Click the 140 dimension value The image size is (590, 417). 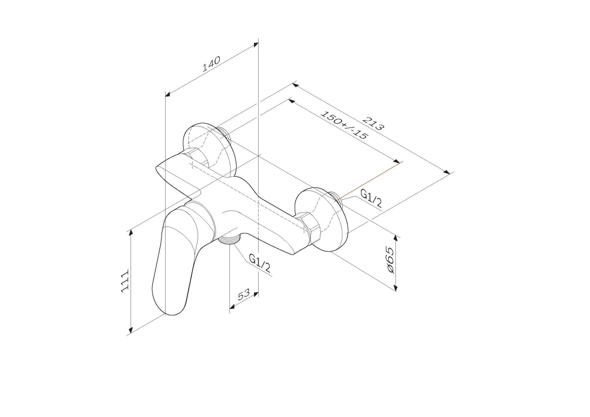click(211, 65)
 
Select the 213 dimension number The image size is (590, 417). click(373, 123)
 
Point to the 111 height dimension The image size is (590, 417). click(125, 281)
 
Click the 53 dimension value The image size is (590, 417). click(244, 295)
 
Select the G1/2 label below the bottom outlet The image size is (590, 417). click(260, 263)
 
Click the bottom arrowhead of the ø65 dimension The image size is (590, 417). click(396, 288)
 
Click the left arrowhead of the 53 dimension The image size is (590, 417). click(232, 307)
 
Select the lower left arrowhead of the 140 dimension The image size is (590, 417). click(168, 94)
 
